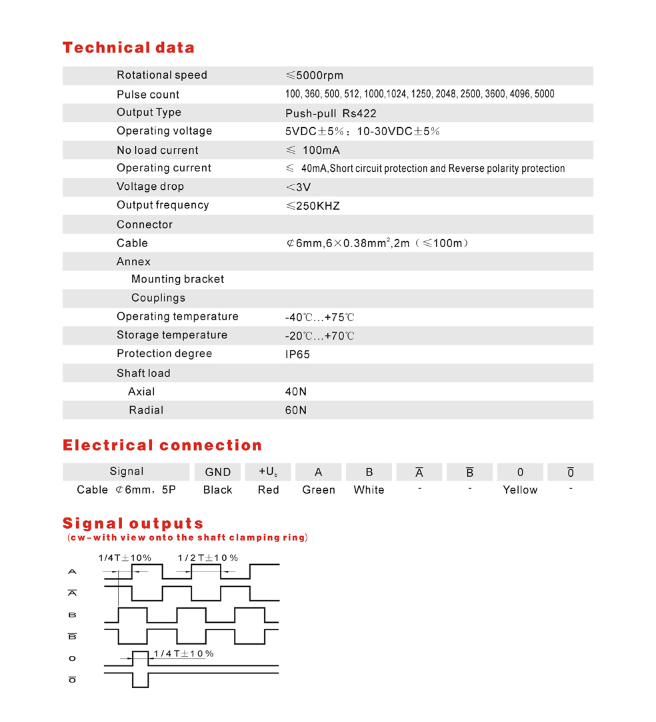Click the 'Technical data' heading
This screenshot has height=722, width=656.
128,48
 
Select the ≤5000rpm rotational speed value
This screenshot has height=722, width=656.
314,75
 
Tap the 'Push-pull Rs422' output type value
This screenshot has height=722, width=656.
331,113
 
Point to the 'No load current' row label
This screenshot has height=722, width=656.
157,150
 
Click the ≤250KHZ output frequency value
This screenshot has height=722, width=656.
312,206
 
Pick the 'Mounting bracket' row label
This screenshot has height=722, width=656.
177,279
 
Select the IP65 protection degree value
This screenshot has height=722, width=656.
297,354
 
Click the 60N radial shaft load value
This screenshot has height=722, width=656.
295,410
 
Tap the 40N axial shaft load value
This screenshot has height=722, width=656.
295,392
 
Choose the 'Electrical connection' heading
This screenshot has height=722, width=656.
162,446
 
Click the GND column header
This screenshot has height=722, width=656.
218,472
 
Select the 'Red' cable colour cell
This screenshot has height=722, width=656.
268,490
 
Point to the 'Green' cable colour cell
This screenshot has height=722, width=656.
319,490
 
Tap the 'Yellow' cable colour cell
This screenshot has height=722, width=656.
520,490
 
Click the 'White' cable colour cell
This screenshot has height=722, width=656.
369,490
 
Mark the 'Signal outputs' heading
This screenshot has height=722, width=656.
133,524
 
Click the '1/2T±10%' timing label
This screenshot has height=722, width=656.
207,557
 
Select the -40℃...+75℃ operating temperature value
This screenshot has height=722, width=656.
319,317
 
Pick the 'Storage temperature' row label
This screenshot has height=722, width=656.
172,335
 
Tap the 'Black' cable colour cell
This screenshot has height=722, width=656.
217,490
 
